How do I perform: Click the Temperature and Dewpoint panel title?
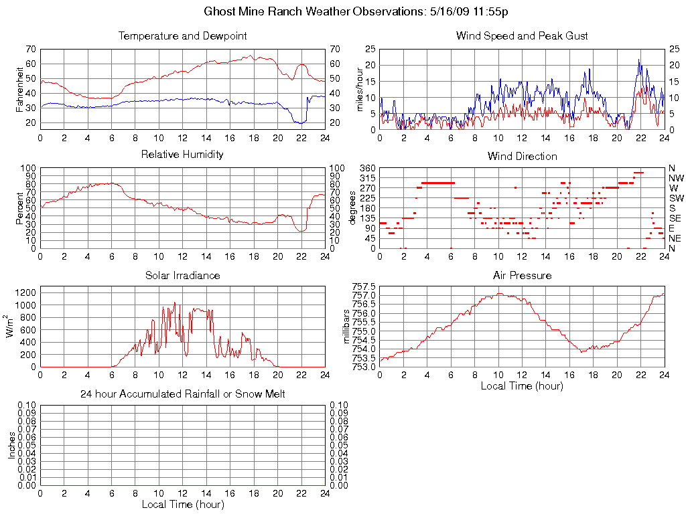coord(182,35)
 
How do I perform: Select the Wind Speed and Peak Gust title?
coord(522,35)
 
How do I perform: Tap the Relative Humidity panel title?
coord(182,155)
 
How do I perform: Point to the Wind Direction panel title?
coord(522,156)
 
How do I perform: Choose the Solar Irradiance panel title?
coord(182,275)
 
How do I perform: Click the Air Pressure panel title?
coord(522,275)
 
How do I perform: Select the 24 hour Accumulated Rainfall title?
coord(182,394)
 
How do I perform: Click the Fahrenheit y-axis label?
coord(21,87)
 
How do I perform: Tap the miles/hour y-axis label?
coord(360,88)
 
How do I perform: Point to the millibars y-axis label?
coord(346,326)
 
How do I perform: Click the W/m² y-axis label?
coord(11,326)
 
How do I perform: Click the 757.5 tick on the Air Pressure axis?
coord(364,286)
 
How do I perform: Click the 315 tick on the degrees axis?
coord(366,178)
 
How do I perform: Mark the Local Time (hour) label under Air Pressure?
coord(522,385)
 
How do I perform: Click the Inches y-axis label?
coord(11,445)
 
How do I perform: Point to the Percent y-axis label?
coord(21,207)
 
